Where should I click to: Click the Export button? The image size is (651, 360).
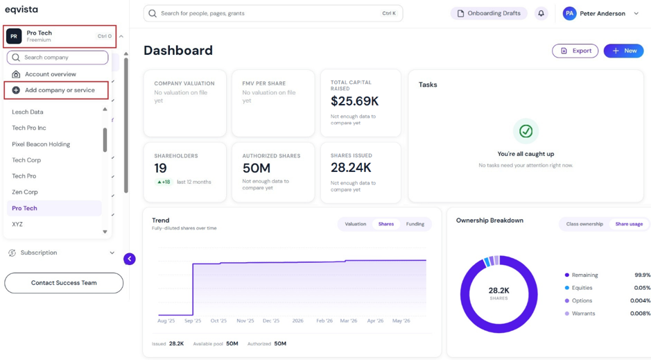point(575,51)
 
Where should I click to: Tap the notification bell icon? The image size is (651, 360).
point(541,13)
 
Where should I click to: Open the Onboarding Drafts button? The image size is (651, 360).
point(489,13)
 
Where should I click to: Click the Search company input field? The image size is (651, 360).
point(58,58)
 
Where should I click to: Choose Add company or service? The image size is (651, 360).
point(56,90)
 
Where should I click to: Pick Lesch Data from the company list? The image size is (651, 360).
point(28,112)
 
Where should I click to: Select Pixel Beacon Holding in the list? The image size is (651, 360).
point(41,144)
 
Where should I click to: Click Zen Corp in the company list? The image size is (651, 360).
point(24,192)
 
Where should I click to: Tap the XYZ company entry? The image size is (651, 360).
point(17,224)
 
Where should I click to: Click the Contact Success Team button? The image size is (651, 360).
point(64,283)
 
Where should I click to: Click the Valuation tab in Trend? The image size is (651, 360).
point(356,224)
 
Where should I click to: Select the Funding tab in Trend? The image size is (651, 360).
point(415,224)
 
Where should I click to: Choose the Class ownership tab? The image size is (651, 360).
point(584,224)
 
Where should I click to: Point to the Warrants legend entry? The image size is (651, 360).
point(580,314)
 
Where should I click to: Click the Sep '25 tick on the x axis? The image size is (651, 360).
point(193,320)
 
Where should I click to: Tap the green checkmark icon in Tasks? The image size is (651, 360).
point(526,131)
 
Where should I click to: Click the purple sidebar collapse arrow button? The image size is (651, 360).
point(130,259)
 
